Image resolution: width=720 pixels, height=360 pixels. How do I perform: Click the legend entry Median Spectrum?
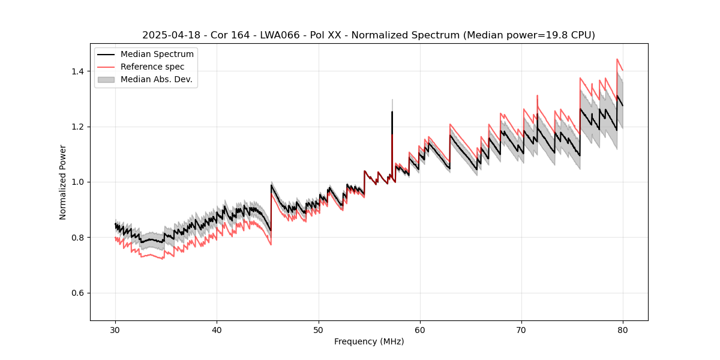point(157,54)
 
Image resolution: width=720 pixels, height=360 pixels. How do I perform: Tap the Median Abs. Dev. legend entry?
point(156,79)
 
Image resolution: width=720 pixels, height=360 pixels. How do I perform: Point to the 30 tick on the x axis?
point(116,329)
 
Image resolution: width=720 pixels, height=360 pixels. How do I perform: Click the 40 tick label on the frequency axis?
point(217,329)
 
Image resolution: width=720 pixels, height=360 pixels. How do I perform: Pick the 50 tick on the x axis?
point(319,329)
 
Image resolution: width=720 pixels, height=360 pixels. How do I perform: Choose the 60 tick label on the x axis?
point(420,329)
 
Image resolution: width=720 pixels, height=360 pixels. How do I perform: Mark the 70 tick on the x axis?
point(521,329)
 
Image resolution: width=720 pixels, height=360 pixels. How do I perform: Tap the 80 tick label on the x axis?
point(623,329)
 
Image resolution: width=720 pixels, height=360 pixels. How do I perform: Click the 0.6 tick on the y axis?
point(79,293)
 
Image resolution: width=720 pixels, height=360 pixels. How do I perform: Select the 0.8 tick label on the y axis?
point(79,238)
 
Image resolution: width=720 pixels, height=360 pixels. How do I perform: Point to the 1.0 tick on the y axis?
point(79,182)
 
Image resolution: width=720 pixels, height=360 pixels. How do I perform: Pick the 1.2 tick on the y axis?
point(79,127)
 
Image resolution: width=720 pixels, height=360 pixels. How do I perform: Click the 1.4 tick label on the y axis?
point(79,71)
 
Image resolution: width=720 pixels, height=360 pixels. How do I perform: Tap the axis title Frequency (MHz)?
point(369,341)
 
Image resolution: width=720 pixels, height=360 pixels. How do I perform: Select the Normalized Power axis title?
point(63,182)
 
